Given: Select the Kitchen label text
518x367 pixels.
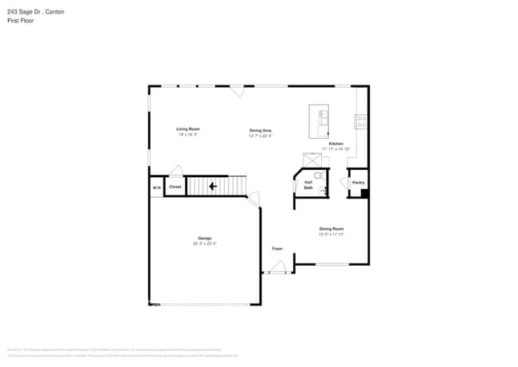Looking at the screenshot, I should tap(336, 144).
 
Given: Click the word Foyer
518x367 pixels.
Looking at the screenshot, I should tap(277, 248).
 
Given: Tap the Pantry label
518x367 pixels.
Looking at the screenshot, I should tap(358, 183).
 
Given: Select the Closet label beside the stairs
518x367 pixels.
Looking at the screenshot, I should tap(175, 187).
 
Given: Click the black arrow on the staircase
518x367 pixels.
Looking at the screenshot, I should tap(213, 187).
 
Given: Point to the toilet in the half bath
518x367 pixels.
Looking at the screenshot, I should tap(317, 176).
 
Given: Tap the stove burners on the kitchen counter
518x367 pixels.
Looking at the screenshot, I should tap(362, 122).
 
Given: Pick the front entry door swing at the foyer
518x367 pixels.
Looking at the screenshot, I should tap(278, 270).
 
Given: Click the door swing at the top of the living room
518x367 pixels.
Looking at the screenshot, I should tap(237, 91).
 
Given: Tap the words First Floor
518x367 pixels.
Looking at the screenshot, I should tap(21, 21).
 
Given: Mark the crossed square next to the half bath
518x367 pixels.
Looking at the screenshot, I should tap(311, 160).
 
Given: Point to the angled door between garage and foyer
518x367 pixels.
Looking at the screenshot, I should tap(253, 200).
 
